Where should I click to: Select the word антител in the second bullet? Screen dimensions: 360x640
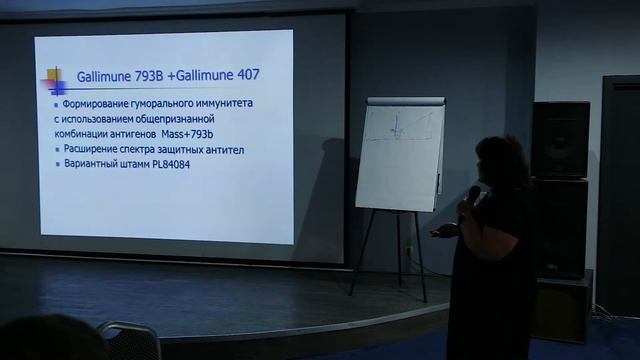tap(223, 149)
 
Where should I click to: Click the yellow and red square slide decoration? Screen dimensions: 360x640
tap(56, 78)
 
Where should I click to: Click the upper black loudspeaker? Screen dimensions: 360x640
tap(559, 140)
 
